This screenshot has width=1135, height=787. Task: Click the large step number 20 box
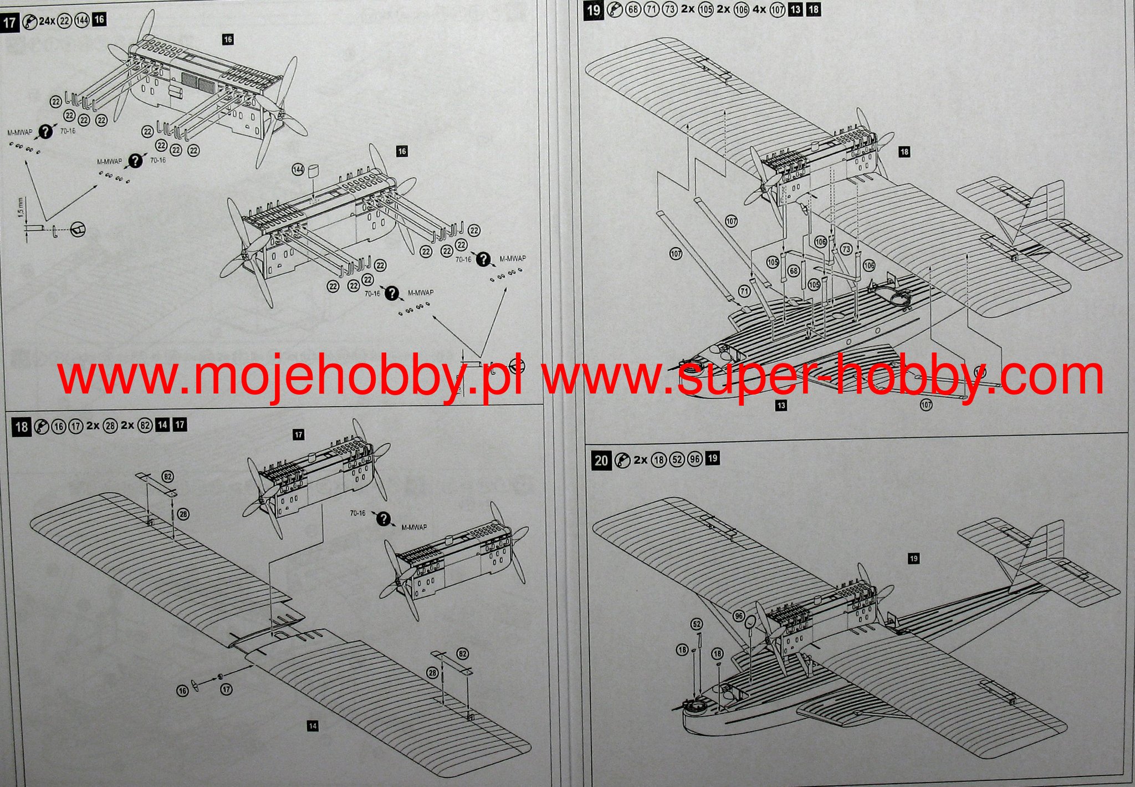[x=601, y=461]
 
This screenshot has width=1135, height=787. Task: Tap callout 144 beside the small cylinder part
[x=299, y=169]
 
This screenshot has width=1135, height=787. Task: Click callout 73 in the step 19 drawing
[x=846, y=250]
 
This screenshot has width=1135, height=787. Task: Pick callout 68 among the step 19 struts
[x=794, y=271]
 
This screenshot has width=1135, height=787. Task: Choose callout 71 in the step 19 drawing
[x=744, y=291]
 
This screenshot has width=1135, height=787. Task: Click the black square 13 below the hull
[x=781, y=406]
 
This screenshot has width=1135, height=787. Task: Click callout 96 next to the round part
[x=738, y=616]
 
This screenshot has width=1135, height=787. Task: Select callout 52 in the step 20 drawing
[x=697, y=625]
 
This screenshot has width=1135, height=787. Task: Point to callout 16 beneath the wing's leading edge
[x=182, y=691]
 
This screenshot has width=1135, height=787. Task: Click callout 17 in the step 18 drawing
[x=226, y=689]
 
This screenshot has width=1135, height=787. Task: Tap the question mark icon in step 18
[x=383, y=519]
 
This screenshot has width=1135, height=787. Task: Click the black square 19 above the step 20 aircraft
[x=914, y=559]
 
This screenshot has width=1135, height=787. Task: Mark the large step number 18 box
[x=21, y=426]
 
